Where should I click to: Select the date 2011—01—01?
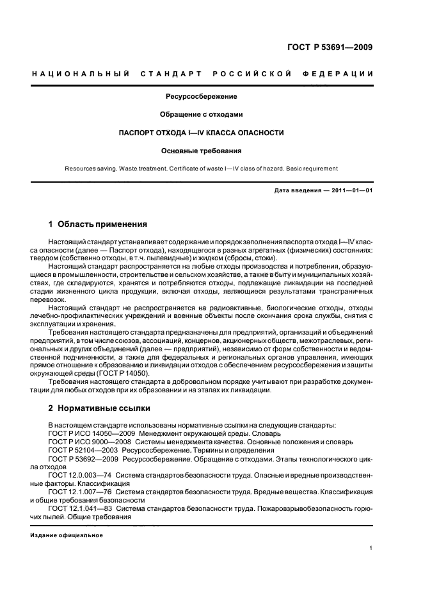pos(351,190)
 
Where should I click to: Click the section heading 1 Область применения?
pos(97,224)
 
